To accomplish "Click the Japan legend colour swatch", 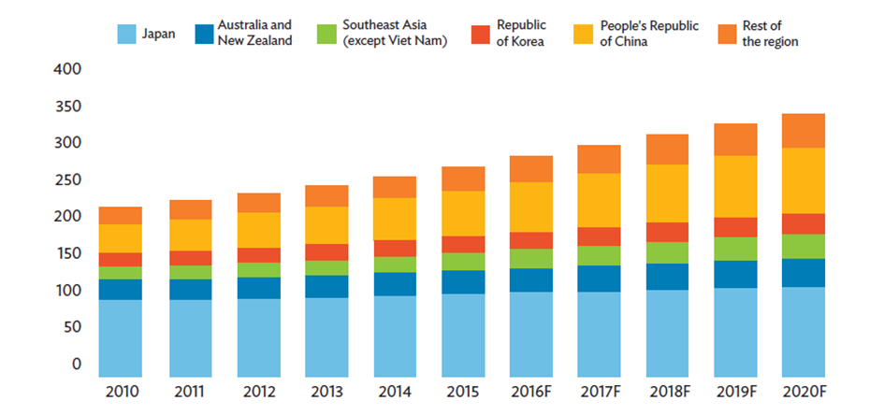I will point(128,34).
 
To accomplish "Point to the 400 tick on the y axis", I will point(70,69).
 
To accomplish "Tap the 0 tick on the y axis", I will point(78,364).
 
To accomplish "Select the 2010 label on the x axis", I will point(120,391).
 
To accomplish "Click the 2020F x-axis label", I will point(804,391).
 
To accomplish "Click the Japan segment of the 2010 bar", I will point(120,336).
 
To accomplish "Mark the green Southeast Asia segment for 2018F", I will point(666,252).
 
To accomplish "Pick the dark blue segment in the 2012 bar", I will point(257,288).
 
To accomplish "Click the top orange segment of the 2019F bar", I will point(734,139).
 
